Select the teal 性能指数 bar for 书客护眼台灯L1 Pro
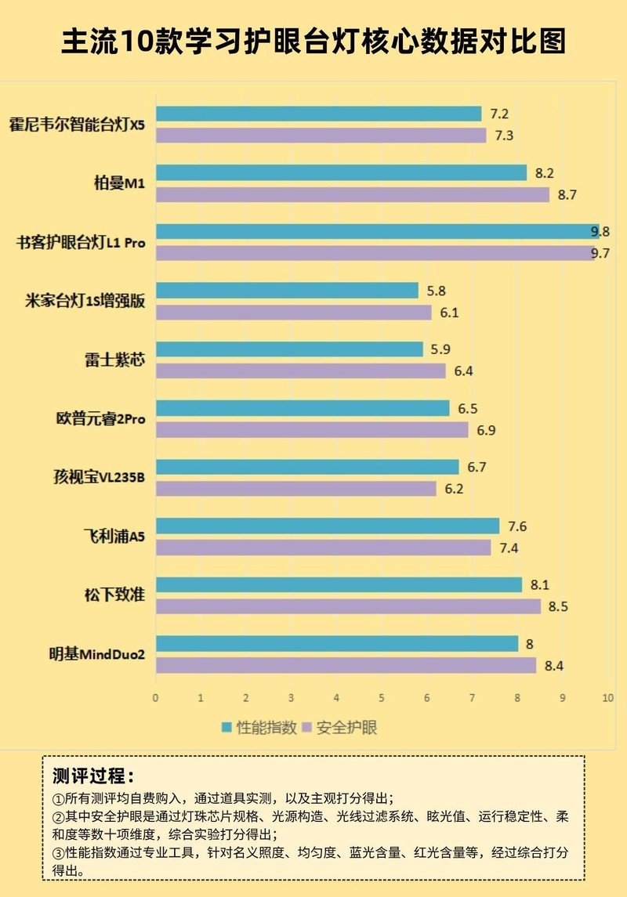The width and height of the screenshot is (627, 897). pyautogui.click(x=377, y=232)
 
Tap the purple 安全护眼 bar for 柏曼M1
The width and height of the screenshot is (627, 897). pyautogui.click(x=352, y=194)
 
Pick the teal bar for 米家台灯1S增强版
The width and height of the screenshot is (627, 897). pyautogui.click(x=287, y=291)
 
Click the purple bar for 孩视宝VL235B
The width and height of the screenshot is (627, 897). pyautogui.click(x=295, y=489)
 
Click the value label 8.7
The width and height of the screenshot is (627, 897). pyautogui.click(x=567, y=194)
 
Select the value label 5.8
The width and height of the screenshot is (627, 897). pyautogui.click(x=437, y=291)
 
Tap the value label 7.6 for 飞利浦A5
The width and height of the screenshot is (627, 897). pyautogui.click(x=518, y=526)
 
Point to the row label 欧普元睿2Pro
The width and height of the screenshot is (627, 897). pyautogui.click(x=95, y=419)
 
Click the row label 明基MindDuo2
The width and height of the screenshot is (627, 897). pyautogui.click(x=97, y=654)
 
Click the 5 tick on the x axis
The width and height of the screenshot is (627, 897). pyautogui.click(x=381, y=697)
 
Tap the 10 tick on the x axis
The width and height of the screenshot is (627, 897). pyautogui.click(x=606, y=697)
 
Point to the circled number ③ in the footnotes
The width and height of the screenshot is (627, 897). pyautogui.click(x=57, y=852)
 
